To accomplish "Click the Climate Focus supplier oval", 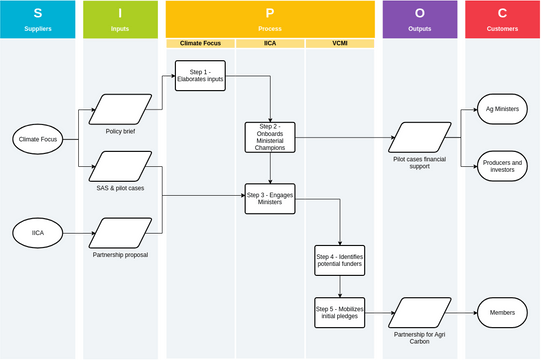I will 37,140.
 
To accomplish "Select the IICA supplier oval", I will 37,233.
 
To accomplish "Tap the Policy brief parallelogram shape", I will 120,109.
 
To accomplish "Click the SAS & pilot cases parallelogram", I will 120,166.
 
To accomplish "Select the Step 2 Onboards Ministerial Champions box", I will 270,138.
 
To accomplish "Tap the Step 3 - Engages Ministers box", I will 270,198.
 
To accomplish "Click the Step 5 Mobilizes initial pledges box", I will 340,312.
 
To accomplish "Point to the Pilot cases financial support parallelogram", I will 419,137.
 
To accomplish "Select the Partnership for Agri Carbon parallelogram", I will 419,312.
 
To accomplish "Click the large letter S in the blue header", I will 37,13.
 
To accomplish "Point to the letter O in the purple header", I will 419,13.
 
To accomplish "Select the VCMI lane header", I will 340,44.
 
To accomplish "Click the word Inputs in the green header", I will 120,28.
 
